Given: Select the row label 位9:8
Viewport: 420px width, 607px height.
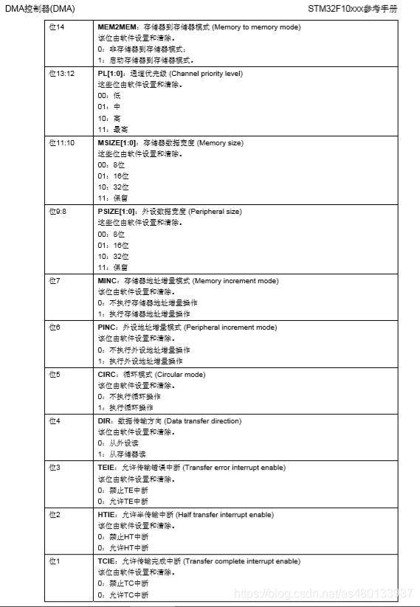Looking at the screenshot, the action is (x=57, y=211).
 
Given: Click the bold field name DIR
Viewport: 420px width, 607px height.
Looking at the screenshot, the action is (x=104, y=420).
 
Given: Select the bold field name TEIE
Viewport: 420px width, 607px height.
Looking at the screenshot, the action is (x=106, y=467).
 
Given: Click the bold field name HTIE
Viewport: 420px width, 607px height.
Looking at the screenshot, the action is (x=106, y=514).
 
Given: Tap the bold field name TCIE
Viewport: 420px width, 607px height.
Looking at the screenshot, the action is (x=107, y=561).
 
